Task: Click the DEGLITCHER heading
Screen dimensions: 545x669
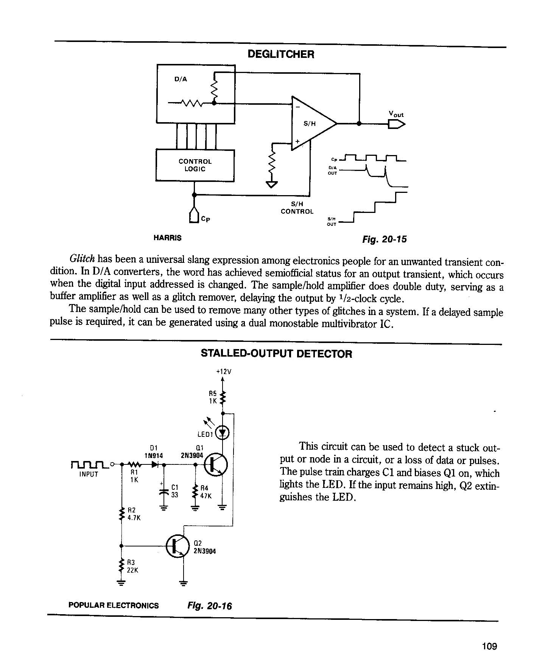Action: point(281,54)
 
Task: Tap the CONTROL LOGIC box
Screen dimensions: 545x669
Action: point(195,165)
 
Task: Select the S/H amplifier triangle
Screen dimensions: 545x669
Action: point(314,123)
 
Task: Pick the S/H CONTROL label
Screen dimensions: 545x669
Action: point(297,208)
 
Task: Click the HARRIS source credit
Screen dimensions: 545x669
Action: point(167,238)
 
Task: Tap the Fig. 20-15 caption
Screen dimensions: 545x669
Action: point(385,239)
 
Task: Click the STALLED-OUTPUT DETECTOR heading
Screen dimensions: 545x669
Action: point(276,354)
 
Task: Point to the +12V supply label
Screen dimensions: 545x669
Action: point(223,371)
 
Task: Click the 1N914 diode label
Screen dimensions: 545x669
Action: point(154,456)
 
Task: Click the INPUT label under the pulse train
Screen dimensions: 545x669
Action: point(89,474)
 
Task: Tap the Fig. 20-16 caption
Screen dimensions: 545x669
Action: point(209,606)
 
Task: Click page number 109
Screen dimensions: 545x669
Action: point(489,646)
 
